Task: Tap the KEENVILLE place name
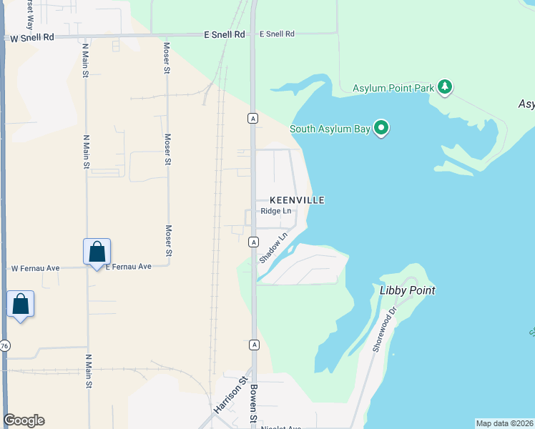[x=297, y=200]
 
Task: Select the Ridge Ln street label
[x=276, y=211]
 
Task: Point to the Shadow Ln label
[x=274, y=247]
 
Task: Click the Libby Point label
[x=408, y=290]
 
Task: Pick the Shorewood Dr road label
[x=383, y=330]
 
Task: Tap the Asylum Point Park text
[x=393, y=88]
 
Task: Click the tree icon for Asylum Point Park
[x=446, y=87]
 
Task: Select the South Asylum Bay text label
[x=332, y=129]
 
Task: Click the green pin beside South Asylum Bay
[x=381, y=129]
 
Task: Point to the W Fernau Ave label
[x=35, y=268]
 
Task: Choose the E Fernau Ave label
[x=129, y=267]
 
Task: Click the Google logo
[x=24, y=420]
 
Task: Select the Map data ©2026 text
[x=504, y=423]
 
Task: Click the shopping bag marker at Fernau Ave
[x=97, y=252]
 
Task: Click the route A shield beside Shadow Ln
[x=253, y=243]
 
